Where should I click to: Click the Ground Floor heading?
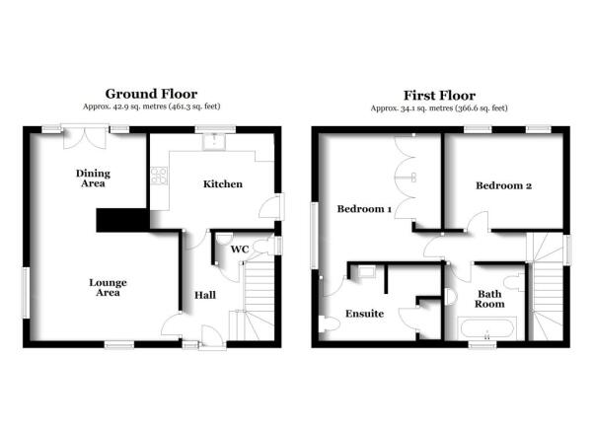(151, 94)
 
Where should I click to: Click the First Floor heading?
(439, 96)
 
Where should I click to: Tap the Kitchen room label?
(223, 184)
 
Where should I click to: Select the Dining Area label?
(93, 179)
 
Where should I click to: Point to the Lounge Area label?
(108, 288)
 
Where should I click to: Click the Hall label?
(205, 295)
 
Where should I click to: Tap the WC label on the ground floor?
(240, 250)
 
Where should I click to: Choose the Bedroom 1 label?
(364, 209)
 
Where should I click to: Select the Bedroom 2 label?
(504, 185)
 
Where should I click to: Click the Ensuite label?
(364, 314)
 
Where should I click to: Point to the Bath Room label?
(489, 299)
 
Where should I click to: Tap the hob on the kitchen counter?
(159, 177)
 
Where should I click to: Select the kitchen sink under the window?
(214, 142)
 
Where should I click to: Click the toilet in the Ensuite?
(329, 324)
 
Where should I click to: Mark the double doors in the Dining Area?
(85, 137)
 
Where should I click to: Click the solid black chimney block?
(123, 220)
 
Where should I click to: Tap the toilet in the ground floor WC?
(263, 247)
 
